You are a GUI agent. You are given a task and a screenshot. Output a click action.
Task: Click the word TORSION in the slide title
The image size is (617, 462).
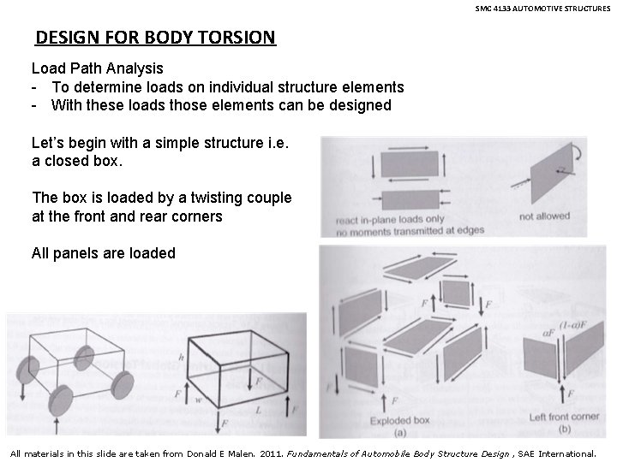237,38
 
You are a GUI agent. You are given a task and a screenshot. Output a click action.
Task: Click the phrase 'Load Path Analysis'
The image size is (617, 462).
86,68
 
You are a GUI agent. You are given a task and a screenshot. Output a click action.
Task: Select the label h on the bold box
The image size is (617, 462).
180,358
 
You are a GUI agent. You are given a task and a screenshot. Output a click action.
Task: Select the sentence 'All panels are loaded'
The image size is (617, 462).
103,253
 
